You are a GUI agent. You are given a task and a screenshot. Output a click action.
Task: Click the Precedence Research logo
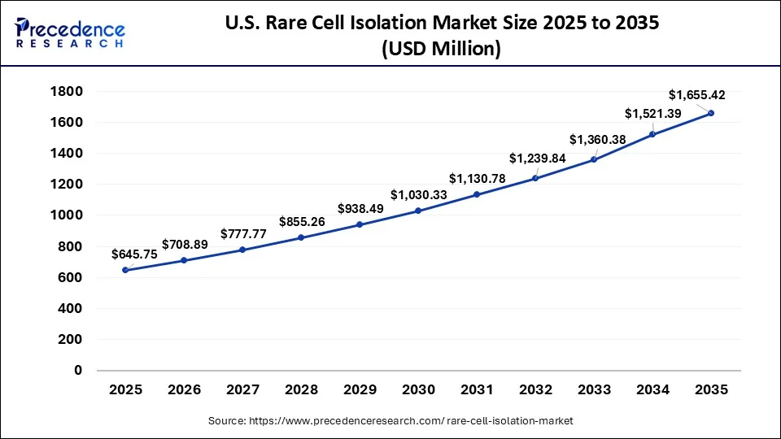[x=70, y=33]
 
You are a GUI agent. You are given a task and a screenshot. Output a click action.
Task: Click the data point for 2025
[x=125, y=270]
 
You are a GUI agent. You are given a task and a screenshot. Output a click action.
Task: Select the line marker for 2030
[x=418, y=211]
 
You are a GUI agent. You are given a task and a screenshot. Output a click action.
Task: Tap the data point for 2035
[x=711, y=113]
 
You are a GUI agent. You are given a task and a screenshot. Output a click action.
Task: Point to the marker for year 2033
[x=594, y=159]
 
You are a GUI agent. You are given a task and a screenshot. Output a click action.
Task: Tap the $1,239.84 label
[x=536, y=158]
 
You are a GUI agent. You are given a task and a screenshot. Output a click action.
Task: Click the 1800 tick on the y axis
[x=67, y=91]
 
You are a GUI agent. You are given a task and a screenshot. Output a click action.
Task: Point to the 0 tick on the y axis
[x=78, y=371]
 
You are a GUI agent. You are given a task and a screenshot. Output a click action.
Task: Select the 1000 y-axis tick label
[x=67, y=215]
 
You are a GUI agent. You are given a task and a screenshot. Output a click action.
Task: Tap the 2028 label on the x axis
[x=301, y=389]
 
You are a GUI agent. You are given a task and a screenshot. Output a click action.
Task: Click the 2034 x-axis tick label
[x=652, y=389]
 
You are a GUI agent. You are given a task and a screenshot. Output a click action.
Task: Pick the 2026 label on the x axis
[x=184, y=389]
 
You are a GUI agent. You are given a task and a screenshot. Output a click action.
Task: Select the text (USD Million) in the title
[x=440, y=49]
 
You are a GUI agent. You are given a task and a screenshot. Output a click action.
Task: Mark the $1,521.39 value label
[x=652, y=113]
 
